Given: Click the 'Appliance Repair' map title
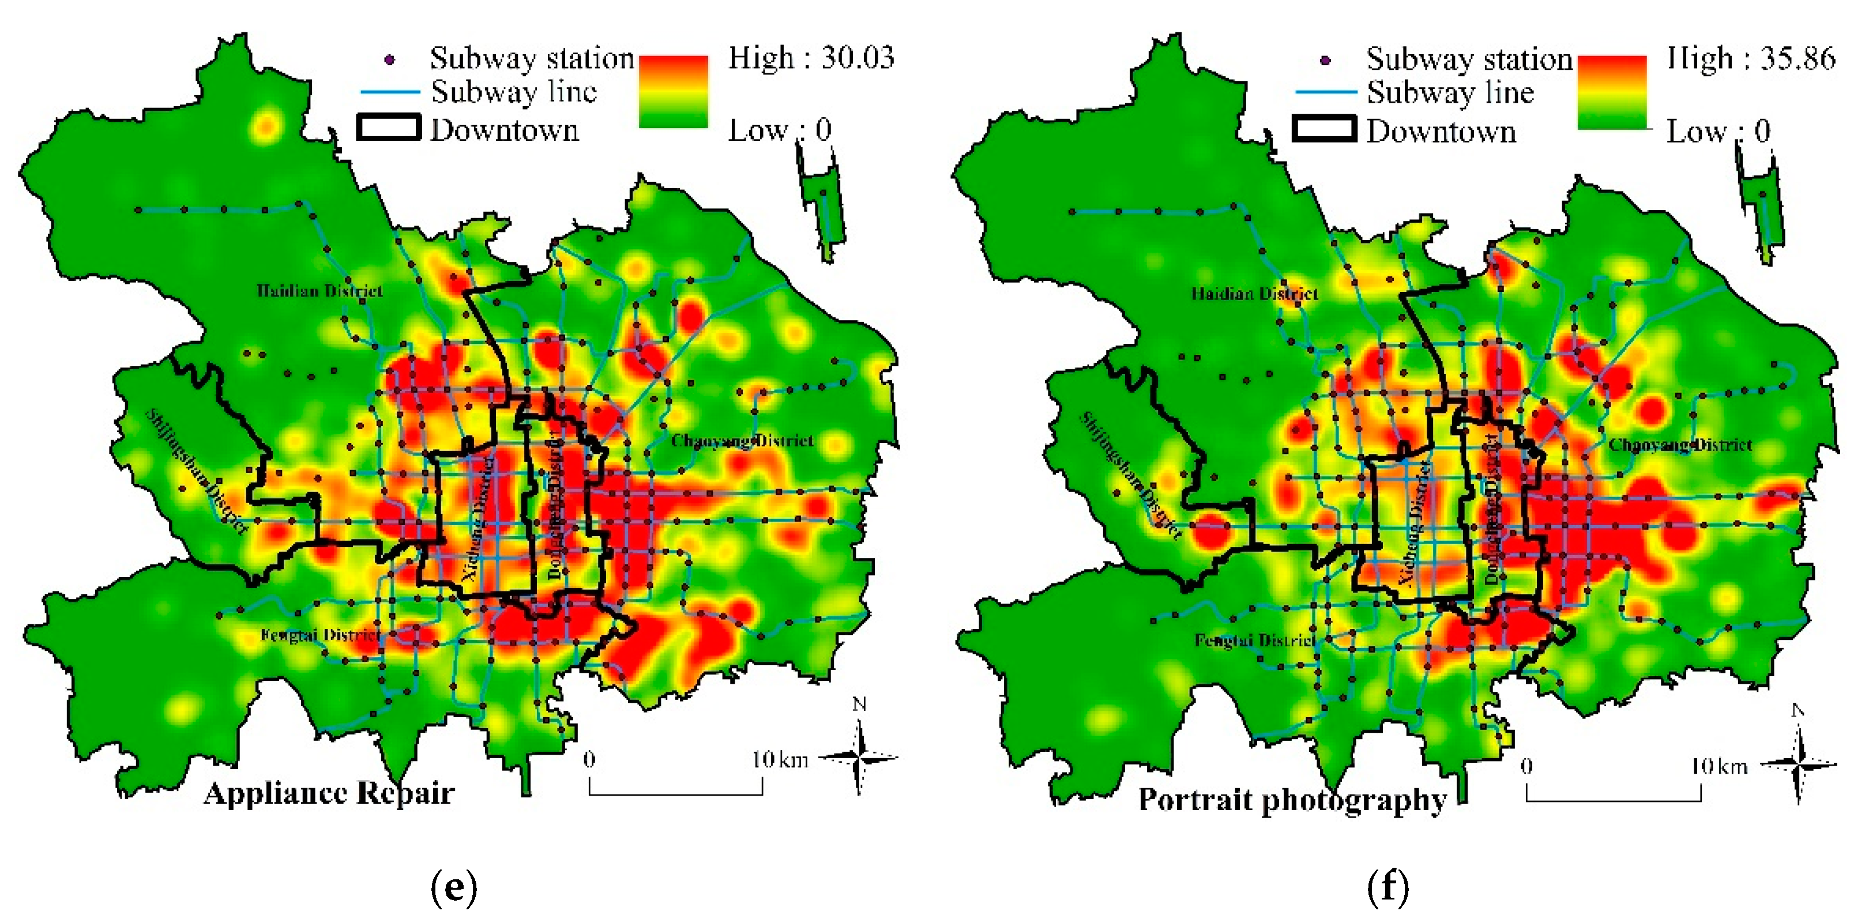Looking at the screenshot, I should click(329, 793).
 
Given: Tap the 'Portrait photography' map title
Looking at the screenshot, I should click(1292, 800).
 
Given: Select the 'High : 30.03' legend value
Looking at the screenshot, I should click(811, 58).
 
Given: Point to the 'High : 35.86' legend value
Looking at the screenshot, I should click(1750, 58).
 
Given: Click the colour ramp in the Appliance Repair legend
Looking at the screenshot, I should click(673, 92).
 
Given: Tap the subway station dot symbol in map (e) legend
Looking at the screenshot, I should click(390, 59).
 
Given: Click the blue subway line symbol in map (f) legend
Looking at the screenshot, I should click(1326, 92).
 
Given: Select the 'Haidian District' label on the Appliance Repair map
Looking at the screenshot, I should click(319, 291).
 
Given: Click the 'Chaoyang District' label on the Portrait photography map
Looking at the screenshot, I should click(1680, 445).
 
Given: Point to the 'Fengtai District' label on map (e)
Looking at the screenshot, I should click(320, 635).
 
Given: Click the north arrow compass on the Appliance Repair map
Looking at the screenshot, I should click(859, 756).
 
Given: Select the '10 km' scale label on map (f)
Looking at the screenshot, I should click(1719, 767).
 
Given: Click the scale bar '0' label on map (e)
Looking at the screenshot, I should click(589, 760).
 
